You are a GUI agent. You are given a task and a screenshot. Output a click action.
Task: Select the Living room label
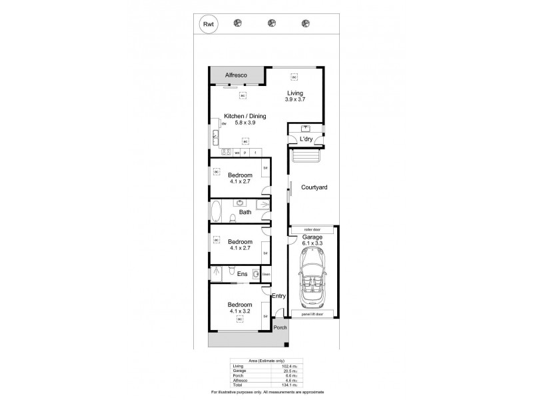(x=296, y=93)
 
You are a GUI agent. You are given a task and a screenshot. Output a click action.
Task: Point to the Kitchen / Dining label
(x=245, y=116)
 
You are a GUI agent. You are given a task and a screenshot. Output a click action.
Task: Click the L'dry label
(x=305, y=139)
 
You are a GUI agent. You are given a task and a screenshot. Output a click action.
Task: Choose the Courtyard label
(x=312, y=189)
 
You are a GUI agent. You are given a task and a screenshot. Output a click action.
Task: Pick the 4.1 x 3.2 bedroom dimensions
(x=240, y=311)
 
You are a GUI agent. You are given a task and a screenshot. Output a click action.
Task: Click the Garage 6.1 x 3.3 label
(x=312, y=239)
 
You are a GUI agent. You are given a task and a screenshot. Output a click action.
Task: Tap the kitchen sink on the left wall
(x=215, y=138)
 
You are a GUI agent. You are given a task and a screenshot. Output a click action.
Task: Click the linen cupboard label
(x=265, y=273)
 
